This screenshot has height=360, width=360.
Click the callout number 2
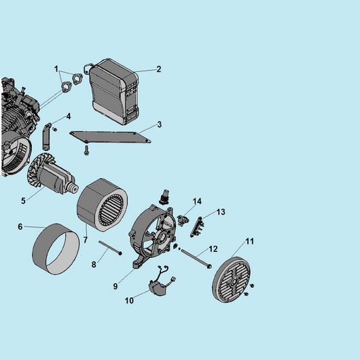(x=159, y=69)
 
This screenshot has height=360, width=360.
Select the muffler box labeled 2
(x=113, y=92)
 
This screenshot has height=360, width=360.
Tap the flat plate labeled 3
(x=110, y=137)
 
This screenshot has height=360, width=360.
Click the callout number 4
(x=69, y=116)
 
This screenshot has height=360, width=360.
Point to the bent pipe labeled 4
(x=46, y=137)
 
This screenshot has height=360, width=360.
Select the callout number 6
(x=20, y=227)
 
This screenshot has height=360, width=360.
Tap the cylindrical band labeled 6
(x=56, y=249)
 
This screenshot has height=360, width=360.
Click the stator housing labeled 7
(x=102, y=205)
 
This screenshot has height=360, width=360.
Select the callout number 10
(x=129, y=300)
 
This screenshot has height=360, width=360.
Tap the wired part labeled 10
(x=161, y=283)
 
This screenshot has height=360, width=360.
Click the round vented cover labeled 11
(x=232, y=279)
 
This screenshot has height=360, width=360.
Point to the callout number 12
(x=213, y=249)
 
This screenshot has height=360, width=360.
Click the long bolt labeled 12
(x=196, y=259)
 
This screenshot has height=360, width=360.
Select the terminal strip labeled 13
(x=197, y=227)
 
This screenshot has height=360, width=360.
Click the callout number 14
(x=197, y=201)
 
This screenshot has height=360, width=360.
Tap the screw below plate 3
(x=86, y=150)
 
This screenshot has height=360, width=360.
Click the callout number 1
(x=56, y=69)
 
